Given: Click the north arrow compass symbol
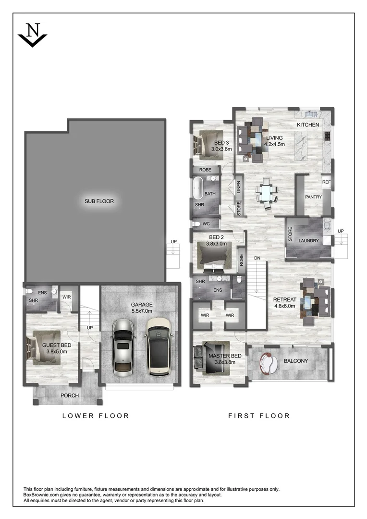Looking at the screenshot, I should [x=32, y=35].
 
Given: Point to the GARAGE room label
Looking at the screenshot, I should [x=142, y=304].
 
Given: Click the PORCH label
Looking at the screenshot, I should [x=69, y=395].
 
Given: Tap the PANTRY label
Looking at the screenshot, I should [x=313, y=197].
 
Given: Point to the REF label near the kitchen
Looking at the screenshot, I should [x=326, y=182].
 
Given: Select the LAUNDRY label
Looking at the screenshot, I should [x=308, y=240].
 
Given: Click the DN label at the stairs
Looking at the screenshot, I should [x=257, y=258].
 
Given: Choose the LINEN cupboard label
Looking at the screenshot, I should [x=239, y=187].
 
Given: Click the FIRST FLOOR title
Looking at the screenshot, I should [x=259, y=416].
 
